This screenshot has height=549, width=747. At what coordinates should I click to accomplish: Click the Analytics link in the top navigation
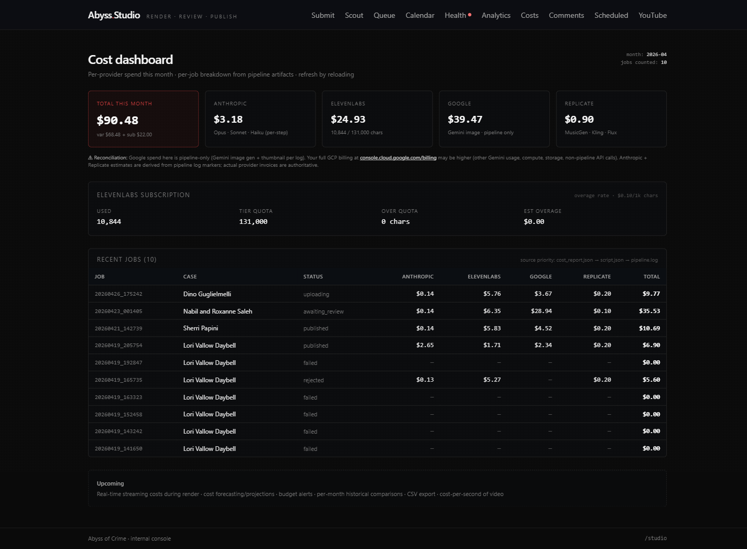coord(496,15)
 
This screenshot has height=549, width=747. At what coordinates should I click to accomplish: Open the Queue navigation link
coord(384,15)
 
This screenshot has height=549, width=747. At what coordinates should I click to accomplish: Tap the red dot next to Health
coord(470,15)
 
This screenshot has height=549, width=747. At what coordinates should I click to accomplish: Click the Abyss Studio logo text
coord(114,15)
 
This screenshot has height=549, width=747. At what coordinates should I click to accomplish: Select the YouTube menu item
coord(652,15)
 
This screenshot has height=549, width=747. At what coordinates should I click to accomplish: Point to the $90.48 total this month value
coord(117,120)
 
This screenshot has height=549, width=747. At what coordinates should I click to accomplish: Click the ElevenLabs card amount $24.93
coord(348,120)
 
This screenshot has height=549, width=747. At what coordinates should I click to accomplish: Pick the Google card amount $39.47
coord(465,120)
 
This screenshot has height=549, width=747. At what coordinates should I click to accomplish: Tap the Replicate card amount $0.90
coord(579,120)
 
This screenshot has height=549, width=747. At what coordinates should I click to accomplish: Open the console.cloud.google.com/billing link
coord(398,157)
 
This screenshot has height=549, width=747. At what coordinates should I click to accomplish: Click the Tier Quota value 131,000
coord(253,222)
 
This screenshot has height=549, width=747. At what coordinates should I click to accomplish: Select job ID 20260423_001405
coord(118,311)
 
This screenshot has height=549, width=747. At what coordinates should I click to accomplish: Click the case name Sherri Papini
coord(201,328)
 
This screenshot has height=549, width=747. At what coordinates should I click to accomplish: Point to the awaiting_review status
coord(323,311)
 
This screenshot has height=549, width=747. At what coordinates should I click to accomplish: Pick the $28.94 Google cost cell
coord(541,311)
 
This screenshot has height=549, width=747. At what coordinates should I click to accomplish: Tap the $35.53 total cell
coord(649,311)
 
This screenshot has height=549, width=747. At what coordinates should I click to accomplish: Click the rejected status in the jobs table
coord(313,380)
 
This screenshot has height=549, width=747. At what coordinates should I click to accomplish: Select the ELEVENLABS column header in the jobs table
coord(484,276)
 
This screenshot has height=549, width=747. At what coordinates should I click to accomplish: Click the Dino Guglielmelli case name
coord(207,294)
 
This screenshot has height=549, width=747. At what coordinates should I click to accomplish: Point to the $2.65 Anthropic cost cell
coord(425,345)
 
